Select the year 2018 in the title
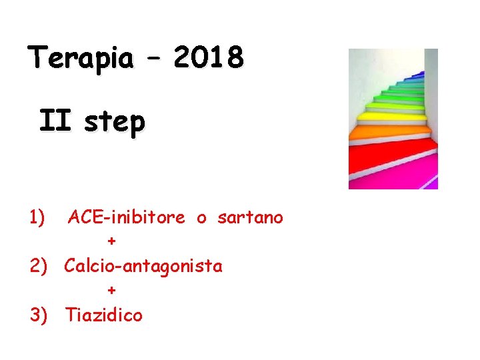(x=209, y=59)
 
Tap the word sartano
(x=250, y=217)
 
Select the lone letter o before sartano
(x=201, y=219)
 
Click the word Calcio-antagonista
(x=143, y=266)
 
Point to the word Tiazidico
(x=103, y=315)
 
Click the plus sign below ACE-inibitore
(x=111, y=241)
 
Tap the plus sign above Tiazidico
(x=111, y=290)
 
